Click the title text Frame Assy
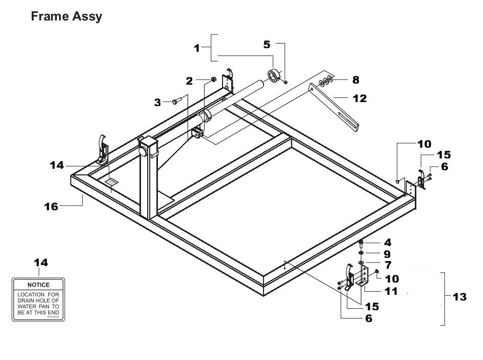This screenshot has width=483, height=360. click(66, 16)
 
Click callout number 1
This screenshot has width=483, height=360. click(196, 48)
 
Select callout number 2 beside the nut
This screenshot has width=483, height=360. click(189, 81)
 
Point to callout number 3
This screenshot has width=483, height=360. click(158, 102)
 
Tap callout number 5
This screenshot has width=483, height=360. click(267, 45)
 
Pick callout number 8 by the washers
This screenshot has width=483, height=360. click(355, 80)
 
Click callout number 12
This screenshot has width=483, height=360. click(359, 98)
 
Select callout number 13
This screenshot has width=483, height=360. click(459, 297)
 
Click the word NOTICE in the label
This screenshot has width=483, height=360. click(38, 285)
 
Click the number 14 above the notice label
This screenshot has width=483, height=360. click(41, 263)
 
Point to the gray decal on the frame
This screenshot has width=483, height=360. click(111, 182)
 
